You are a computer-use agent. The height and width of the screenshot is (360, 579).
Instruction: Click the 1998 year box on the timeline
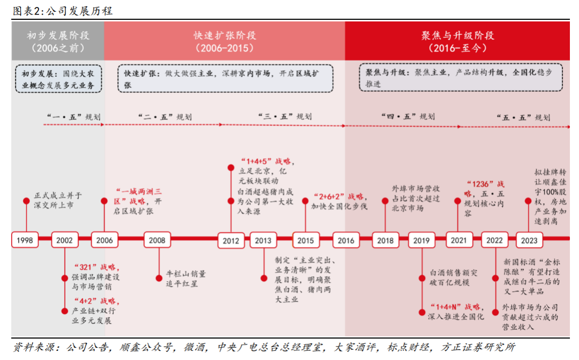[x=25, y=240]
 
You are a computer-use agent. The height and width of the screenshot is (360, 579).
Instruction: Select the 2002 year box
[x=64, y=240]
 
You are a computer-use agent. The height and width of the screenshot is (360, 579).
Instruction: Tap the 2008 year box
[x=157, y=240]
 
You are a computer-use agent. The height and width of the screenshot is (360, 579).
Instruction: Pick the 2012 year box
[x=231, y=240]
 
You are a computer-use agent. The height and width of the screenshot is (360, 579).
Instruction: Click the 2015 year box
[x=306, y=240]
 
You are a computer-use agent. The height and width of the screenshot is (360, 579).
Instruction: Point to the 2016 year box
[x=346, y=240]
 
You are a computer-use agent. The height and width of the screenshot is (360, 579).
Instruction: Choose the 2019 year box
[x=422, y=240]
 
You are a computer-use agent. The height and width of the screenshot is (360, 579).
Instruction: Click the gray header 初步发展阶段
[x=58, y=41]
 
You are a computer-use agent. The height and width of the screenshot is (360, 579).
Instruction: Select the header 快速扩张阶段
[x=225, y=41]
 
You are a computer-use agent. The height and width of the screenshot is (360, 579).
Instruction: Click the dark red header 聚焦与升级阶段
[x=457, y=41]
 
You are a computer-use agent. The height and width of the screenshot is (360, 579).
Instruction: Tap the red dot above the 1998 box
[x=25, y=201]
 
